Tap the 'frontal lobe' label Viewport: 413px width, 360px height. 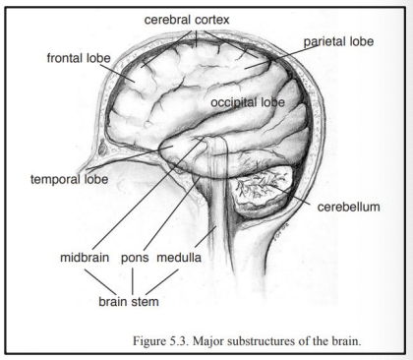point(80,59)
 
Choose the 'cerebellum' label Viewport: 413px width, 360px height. point(347,209)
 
